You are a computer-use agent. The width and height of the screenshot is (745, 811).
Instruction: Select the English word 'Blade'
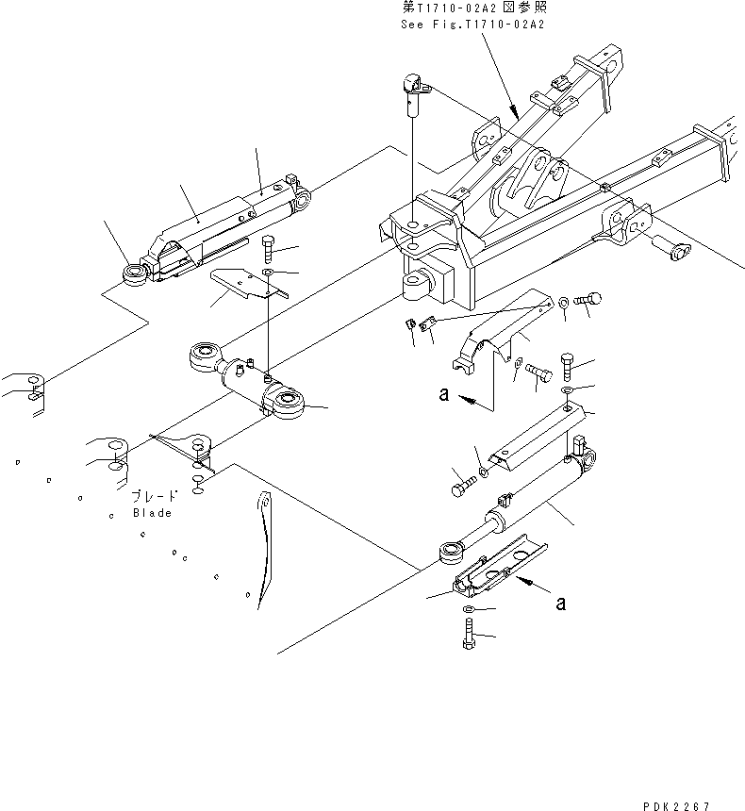[x=153, y=513]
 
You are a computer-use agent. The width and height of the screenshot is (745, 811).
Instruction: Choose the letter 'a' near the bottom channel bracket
[x=560, y=604]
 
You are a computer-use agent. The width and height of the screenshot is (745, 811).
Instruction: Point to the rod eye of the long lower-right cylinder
[x=450, y=551]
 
